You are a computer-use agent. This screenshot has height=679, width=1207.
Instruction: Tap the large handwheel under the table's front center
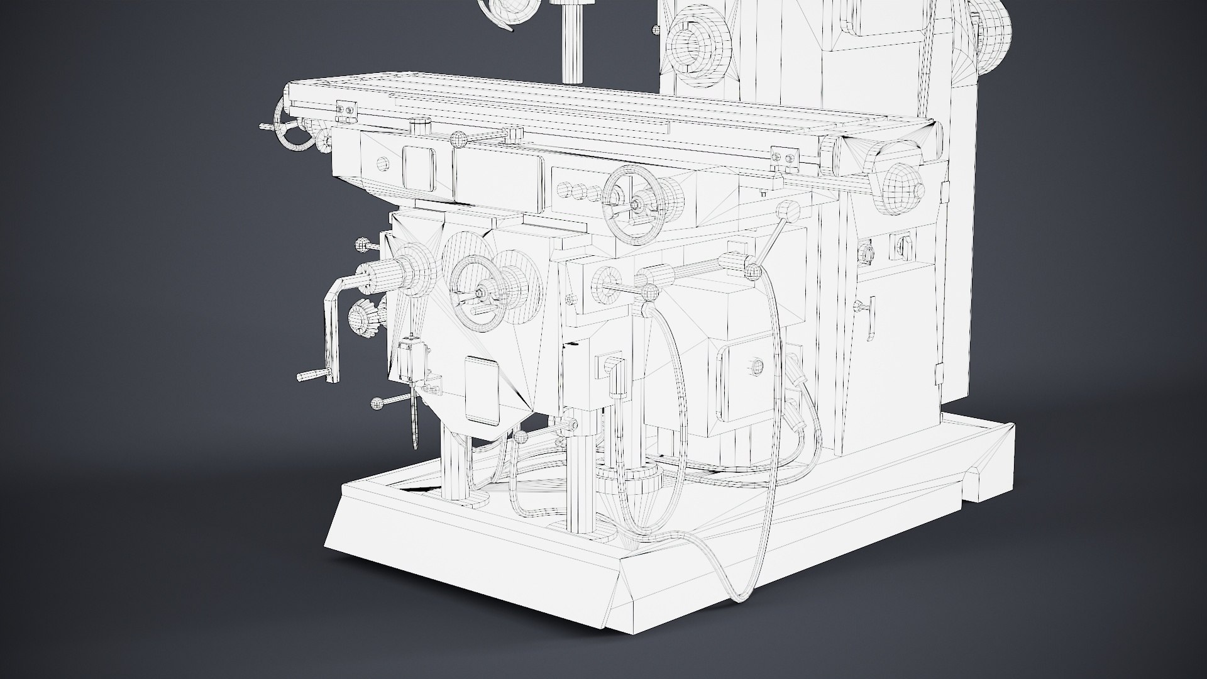[633, 204]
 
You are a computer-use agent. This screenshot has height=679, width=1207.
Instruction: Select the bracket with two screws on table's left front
[345, 109]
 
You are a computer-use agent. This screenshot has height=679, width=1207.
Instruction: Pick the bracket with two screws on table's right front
[783, 157]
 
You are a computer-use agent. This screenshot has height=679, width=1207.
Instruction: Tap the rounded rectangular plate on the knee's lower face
[482, 390]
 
